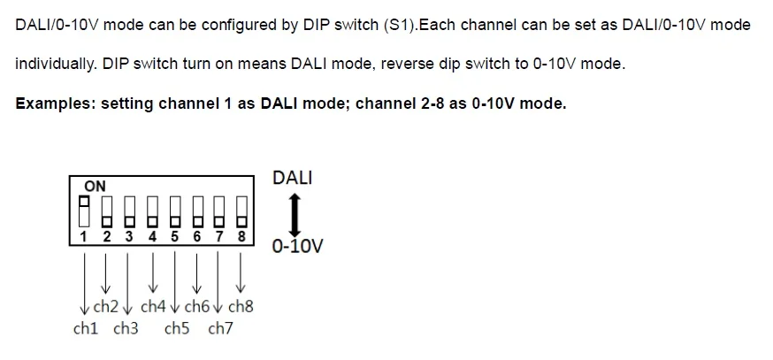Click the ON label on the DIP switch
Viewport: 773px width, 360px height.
95,187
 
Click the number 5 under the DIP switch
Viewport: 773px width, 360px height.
174,236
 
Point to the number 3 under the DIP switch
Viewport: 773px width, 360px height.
129,236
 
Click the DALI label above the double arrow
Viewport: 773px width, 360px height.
293,179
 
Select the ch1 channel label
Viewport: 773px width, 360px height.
86,330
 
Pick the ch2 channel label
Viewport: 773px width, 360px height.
106,308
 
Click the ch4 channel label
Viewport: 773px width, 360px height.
153,308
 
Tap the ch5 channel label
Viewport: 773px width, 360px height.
177,330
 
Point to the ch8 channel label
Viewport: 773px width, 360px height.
241,308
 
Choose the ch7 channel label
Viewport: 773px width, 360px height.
220,330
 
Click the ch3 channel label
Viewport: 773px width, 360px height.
126,330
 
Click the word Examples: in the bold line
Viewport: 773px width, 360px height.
55,103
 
